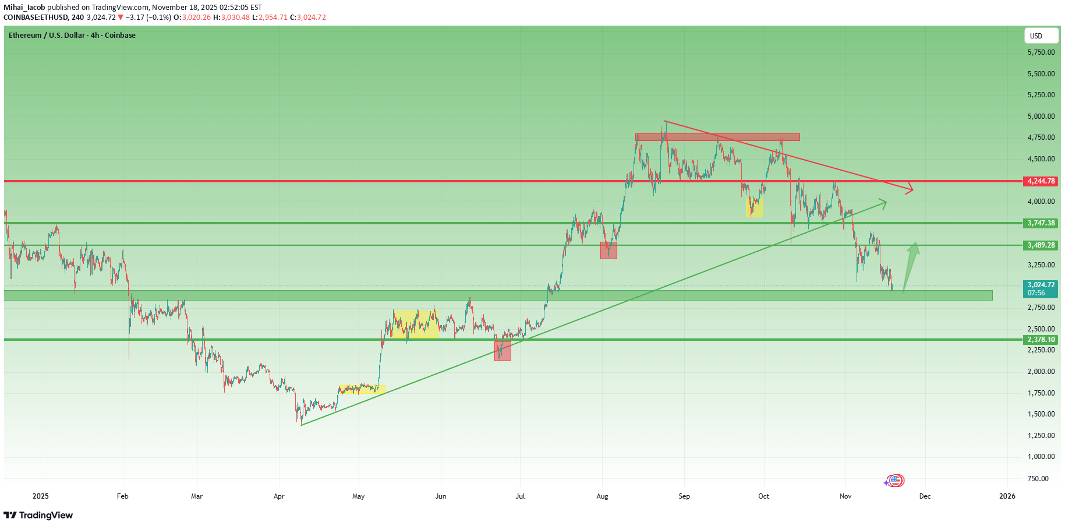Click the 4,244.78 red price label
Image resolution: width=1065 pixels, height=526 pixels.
pyautogui.click(x=1041, y=181)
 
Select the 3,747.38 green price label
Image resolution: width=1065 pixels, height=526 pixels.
pyautogui.click(x=1041, y=223)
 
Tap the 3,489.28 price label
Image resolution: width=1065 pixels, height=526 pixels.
pyautogui.click(x=1041, y=245)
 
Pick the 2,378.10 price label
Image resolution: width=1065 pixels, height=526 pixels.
pyautogui.click(x=1041, y=340)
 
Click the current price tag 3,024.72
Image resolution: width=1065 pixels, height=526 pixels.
pyautogui.click(x=1041, y=285)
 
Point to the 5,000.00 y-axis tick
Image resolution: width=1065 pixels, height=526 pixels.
pyautogui.click(x=1041, y=117)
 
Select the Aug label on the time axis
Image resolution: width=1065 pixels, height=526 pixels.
pyautogui.click(x=602, y=496)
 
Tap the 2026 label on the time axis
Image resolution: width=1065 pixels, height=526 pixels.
pyautogui.click(x=1007, y=496)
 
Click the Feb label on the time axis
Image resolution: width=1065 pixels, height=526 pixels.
pyautogui.click(x=122, y=496)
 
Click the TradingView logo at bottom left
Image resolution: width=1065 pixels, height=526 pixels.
pyautogui.click(x=38, y=516)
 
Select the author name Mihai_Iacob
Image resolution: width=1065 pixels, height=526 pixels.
pyautogui.click(x=24, y=8)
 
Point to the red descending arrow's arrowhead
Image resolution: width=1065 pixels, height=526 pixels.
pyautogui.click(x=910, y=189)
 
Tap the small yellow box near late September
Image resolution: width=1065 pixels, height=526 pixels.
pyautogui.click(x=755, y=208)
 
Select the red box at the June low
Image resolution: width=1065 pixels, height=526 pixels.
pyautogui.click(x=503, y=351)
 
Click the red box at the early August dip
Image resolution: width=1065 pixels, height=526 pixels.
pyautogui.click(x=608, y=250)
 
